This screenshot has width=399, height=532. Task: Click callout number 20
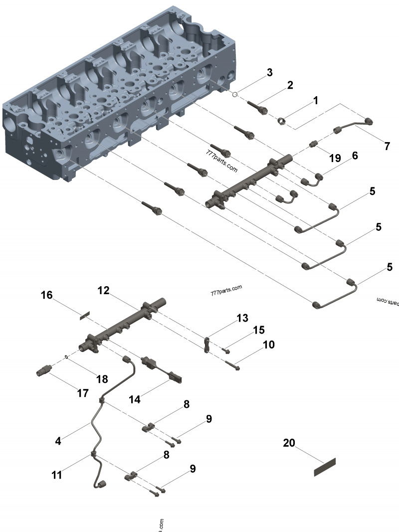coord(289,442)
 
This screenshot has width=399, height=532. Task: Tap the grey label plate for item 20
coord(325,467)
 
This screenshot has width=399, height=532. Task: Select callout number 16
coord(46,295)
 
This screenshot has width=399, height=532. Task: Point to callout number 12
coord(103,291)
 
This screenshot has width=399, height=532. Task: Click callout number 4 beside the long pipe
coord(58,441)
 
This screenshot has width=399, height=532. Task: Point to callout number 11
coord(57,475)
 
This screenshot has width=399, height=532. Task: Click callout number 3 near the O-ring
coord(269,72)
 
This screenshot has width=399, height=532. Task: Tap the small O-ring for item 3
coord(234,93)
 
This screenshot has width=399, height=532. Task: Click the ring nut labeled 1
coord(282,120)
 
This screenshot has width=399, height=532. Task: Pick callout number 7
coord(387,146)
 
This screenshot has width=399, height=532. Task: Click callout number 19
coord(335,159)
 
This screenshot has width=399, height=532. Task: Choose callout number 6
coord(355,156)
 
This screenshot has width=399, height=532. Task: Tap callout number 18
coord(102,379)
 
